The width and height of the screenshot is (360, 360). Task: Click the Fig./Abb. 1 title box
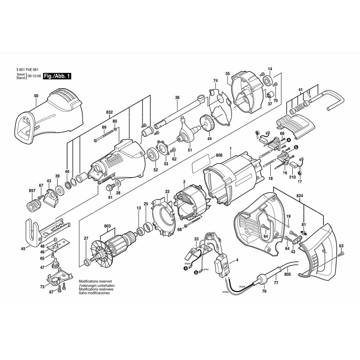tap(57, 76)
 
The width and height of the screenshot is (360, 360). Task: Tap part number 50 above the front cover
tap(36, 96)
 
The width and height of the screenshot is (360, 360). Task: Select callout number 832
tap(109, 112)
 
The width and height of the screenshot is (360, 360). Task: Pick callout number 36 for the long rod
tap(177, 98)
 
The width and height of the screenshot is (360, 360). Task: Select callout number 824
tap(300, 195)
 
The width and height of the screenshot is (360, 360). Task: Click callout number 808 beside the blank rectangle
tap(219, 155)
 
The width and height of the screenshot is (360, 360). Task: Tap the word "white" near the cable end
tap(225, 292)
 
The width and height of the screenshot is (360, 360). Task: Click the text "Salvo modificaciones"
tap(94, 293)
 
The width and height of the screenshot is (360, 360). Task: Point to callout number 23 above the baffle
tap(167, 192)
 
